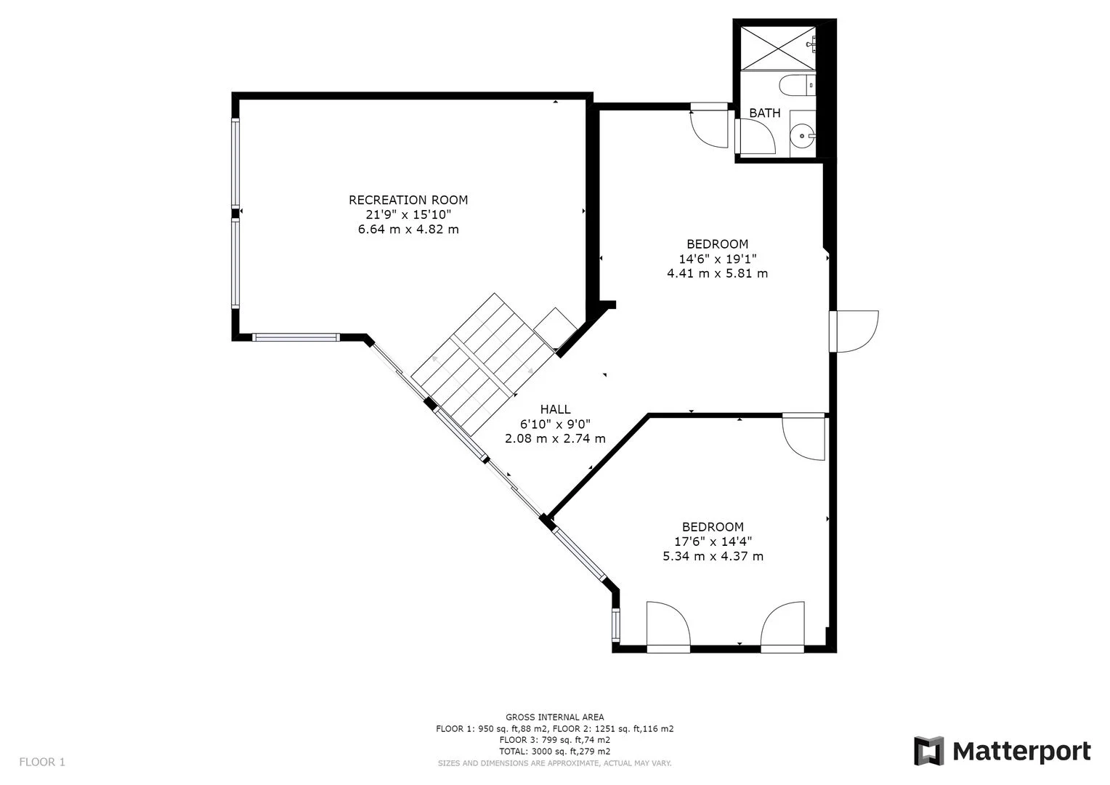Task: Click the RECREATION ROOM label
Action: click(x=408, y=200)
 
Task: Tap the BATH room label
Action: click(x=764, y=113)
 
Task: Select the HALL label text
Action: click(x=555, y=410)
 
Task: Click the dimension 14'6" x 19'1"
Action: click(x=717, y=259)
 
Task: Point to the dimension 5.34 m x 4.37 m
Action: click(x=713, y=557)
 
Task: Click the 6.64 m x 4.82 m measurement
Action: click(x=408, y=230)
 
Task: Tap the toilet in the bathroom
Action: click(x=796, y=87)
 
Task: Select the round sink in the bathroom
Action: click(x=803, y=134)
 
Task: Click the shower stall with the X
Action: click(x=777, y=48)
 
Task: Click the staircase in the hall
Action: click(x=479, y=363)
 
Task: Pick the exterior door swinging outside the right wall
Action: click(x=857, y=331)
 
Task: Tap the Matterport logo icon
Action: click(x=928, y=751)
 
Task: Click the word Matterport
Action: click(x=1021, y=751)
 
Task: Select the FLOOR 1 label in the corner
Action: click(x=42, y=762)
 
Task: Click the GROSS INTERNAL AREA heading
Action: click(x=554, y=717)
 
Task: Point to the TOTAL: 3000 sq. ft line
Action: click(x=554, y=752)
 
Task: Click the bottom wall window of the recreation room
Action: click(x=296, y=337)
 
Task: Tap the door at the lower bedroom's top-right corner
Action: click(x=805, y=438)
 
